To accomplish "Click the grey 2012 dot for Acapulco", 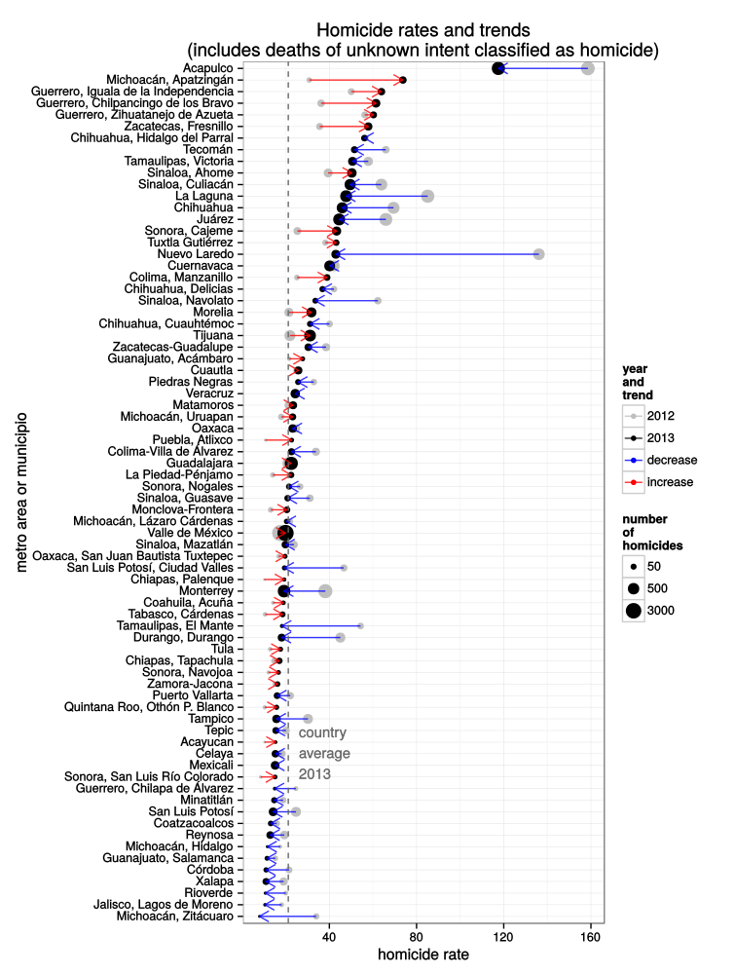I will [587, 68].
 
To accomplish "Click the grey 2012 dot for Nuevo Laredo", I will [538, 254].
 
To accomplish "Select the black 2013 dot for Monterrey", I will [284, 591].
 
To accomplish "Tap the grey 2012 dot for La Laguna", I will [427, 196].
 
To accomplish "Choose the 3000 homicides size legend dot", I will [634, 611].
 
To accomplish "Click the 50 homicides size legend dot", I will [634, 565].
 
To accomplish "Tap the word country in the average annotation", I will [322, 732].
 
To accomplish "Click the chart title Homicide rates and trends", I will [423, 30].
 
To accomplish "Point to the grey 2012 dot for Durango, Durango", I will [340, 637].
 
